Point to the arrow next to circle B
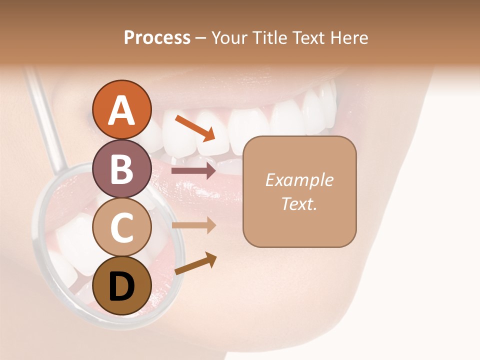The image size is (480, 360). (193, 171)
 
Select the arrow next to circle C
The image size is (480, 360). (193, 225)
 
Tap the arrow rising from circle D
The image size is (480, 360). (195, 263)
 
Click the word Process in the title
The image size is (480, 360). (157, 37)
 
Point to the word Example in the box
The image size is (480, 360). (299, 180)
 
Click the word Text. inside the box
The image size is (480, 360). (299, 203)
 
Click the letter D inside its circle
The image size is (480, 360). (121, 287)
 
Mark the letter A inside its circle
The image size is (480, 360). (121, 111)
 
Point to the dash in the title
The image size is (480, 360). (200, 38)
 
